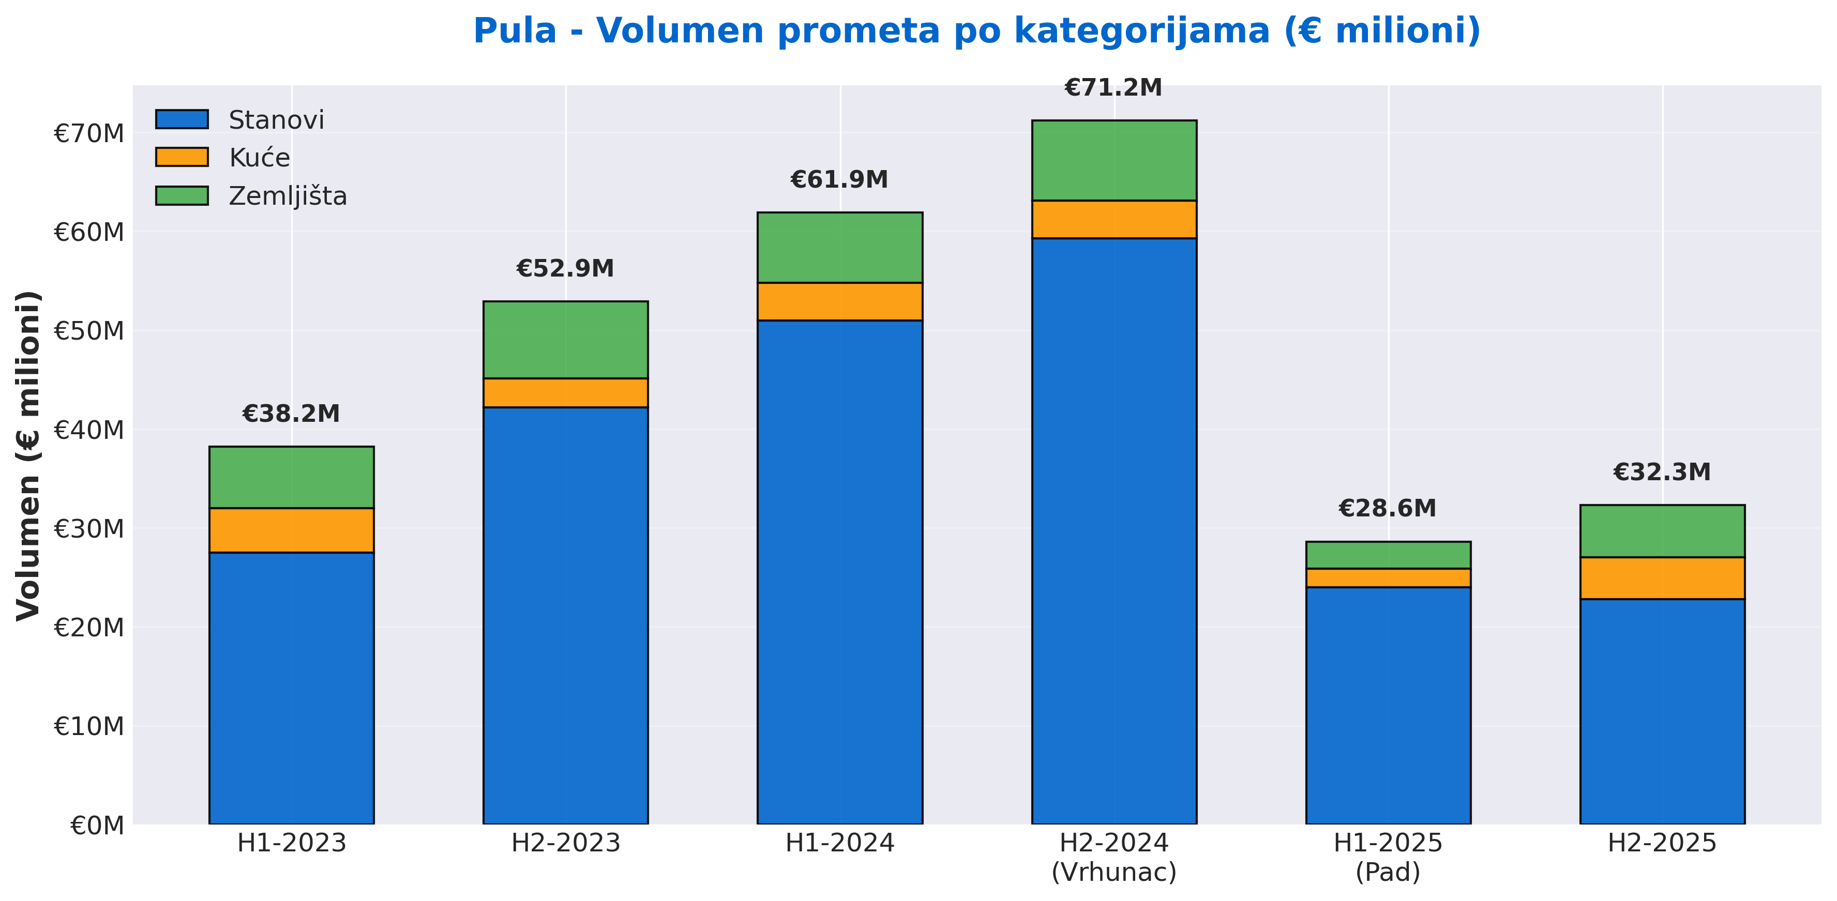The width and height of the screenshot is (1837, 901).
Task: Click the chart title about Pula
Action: click(976, 32)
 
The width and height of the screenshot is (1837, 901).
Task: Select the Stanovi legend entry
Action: click(275, 120)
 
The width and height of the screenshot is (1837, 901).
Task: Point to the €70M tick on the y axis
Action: click(89, 133)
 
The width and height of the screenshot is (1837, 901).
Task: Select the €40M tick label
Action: click(89, 430)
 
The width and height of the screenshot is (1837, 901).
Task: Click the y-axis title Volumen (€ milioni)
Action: click(28, 455)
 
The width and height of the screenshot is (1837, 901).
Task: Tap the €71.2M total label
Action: click(1113, 88)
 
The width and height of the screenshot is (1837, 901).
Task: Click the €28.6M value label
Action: click(1387, 508)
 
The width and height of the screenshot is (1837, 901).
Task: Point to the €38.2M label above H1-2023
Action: click(291, 414)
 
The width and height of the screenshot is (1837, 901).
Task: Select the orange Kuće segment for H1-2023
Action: click(291, 530)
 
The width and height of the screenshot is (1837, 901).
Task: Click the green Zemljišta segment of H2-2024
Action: click(1114, 160)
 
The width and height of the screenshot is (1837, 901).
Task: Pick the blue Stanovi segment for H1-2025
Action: click(1388, 706)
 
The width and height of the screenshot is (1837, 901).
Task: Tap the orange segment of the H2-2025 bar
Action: click(1662, 578)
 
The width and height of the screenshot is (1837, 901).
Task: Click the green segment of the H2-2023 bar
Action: click(565, 339)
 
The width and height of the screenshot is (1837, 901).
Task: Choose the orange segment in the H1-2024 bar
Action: click(839, 301)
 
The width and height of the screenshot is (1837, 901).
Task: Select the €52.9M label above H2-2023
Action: click(565, 269)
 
